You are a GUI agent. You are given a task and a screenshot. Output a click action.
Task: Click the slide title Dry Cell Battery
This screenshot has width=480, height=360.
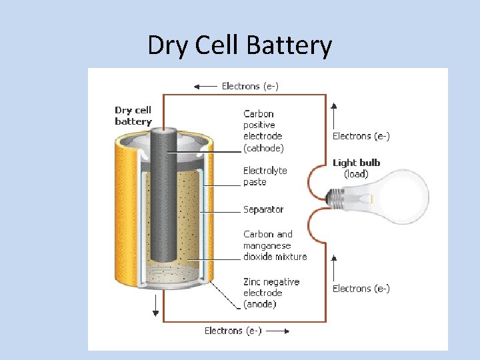(x=239, y=46)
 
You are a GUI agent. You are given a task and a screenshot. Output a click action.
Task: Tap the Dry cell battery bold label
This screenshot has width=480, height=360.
(x=133, y=116)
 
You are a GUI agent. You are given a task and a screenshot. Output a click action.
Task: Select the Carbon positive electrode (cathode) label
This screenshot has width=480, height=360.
(x=263, y=131)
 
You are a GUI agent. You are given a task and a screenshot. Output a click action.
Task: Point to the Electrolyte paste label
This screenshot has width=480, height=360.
(x=265, y=176)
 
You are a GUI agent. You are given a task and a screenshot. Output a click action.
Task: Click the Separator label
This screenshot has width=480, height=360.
(x=263, y=209)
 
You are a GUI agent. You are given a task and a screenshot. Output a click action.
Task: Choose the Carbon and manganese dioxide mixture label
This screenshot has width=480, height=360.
(x=275, y=245)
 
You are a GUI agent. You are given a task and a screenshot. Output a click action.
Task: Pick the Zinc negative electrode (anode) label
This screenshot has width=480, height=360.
(x=271, y=293)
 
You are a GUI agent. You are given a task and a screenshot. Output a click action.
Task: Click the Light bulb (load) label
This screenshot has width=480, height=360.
(x=356, y=168)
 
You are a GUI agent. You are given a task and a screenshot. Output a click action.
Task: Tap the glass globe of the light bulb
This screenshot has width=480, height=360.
(x=396, y=197)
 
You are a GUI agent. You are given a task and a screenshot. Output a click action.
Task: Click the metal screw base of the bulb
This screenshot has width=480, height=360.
(x=337, y=196)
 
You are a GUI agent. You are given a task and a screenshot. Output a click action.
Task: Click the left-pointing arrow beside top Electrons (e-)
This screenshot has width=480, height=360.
(x=205, y=86)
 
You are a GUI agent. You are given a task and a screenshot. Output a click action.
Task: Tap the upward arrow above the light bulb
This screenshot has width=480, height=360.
(x=334, y=113)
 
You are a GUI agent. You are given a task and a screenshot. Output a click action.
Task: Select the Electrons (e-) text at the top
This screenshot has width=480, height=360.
(x=250, y=86)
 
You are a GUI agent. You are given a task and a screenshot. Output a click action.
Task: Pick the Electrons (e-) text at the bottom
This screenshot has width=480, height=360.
(x=233, y=331)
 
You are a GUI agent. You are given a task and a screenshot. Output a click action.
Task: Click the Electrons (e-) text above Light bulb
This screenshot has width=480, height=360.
(x=361, y=136)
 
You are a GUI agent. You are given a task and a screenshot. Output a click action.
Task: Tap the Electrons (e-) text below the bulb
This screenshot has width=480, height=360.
(x=361, y=289)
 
